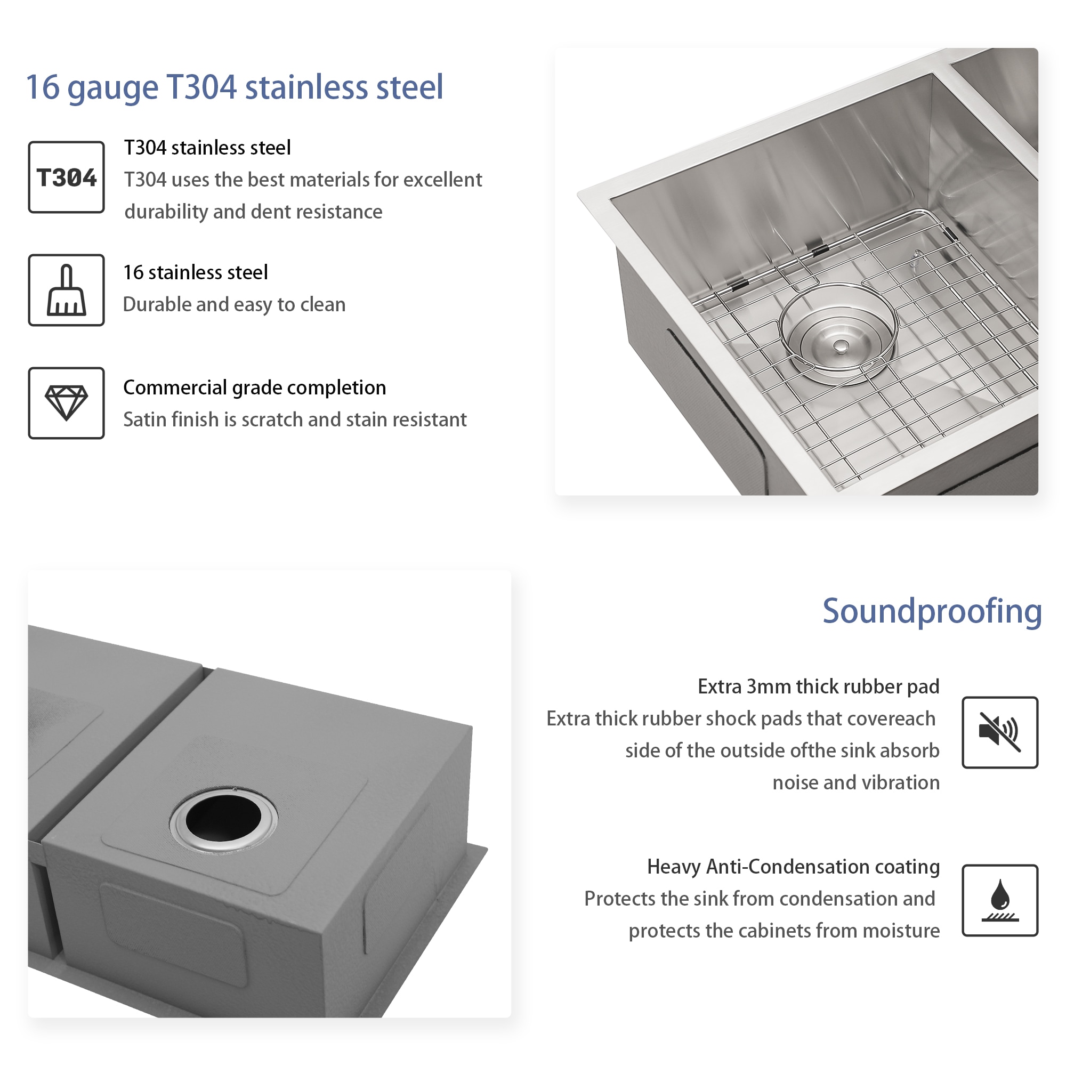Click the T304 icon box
[66, 177]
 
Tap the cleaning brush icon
[66, 290]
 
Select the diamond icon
[66, 403]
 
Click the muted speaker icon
[1000, 732]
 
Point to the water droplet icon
[1000, 900]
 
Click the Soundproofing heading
[932, 611]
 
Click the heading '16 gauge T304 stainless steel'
[235, 87]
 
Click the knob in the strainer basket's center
[841, 346]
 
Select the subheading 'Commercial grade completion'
[254, 387]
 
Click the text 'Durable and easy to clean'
[234, 304]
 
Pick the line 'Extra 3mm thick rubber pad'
[818, 687]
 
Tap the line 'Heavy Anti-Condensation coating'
[793, 867]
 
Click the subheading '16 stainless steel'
[195, 272]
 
